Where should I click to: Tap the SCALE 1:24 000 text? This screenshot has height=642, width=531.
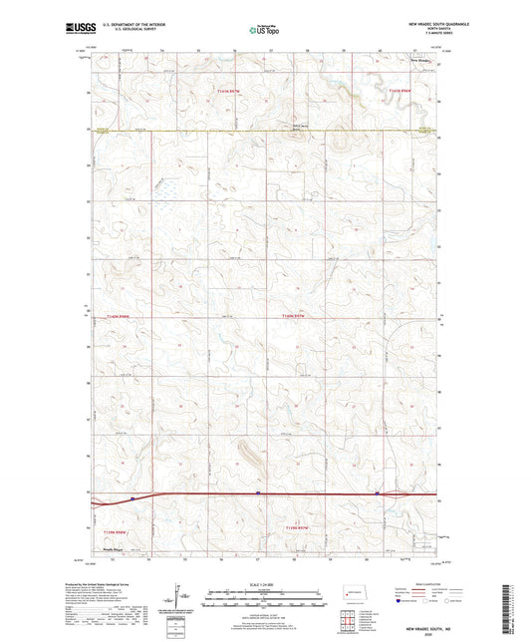click(265, 584)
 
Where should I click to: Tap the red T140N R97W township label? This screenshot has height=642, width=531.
click(296, 315)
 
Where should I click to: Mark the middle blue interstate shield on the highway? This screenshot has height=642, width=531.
click(257, 491)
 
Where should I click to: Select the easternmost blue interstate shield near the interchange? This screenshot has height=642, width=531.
click(377, 491)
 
